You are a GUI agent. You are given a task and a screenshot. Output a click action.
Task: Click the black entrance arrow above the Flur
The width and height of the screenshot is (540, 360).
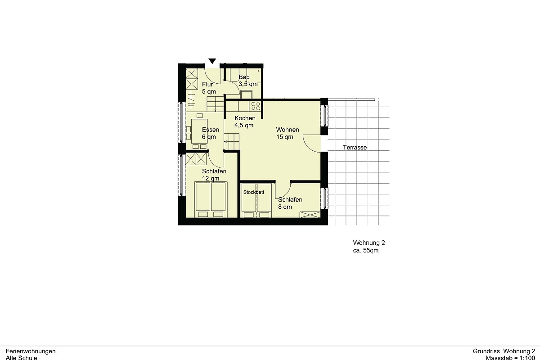[x=212, y=61]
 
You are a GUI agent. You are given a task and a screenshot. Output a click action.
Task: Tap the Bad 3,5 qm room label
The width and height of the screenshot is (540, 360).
[x=248, y=81]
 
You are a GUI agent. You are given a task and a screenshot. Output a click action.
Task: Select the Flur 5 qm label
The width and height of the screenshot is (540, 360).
[x=209, y=88]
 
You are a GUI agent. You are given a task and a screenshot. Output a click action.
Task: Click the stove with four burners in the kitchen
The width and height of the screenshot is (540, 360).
[x=256, y=106]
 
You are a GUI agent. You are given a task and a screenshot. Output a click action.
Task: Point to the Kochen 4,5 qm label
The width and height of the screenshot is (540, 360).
[x=245, y=122]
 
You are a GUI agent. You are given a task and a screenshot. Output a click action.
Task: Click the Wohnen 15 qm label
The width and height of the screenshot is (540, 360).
[x=288, y=133]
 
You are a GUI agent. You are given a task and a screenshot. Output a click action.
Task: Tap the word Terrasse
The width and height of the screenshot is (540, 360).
[x=355, y=147]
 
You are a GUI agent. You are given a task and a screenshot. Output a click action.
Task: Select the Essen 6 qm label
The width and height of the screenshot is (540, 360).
[x=211, y=133]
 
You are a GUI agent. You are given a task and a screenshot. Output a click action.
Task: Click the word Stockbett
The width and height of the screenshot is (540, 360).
[x=254, y=192]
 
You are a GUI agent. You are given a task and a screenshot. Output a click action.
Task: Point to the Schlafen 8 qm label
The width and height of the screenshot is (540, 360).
[x=290, y=203]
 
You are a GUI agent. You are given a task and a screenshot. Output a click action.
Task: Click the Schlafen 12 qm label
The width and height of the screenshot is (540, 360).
[x=214, y=175]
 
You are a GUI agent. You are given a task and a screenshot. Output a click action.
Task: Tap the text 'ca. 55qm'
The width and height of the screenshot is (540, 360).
[x=366, y=250]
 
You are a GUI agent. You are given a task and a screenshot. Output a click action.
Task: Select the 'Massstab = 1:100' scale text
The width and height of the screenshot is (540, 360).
[x=510, y=357]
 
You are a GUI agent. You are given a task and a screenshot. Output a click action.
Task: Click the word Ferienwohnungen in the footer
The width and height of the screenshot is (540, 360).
[x=31, y=351]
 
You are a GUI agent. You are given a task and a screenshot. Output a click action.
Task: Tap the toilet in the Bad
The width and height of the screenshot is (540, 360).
[x=246, y=94]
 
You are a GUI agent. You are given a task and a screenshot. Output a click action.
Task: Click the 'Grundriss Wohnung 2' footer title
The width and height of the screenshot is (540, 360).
[x=504, y=351]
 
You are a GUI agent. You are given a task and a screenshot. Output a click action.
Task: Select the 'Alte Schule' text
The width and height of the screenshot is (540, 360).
[x=22, y=358]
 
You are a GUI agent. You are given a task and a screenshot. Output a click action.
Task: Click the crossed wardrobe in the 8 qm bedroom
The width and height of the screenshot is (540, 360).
[x=310, y=215]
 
